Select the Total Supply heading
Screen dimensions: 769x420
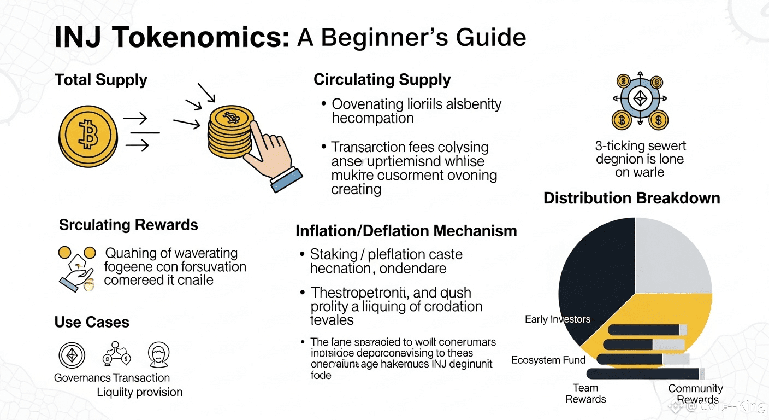tap(101, 80)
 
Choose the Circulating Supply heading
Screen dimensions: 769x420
tap(382, 80)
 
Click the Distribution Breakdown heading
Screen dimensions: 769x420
tap(632, 198)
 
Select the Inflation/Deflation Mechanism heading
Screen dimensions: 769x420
tap(406, 231)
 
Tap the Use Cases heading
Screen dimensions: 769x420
tap(92, 322)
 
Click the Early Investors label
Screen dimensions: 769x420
tap(558, 319)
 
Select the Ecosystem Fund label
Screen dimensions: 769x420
tap(548, 360)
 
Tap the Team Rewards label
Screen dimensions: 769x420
tap(586, 394)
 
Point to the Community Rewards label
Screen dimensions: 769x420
tap(696, 394)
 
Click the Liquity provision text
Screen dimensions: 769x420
tap(140, 392)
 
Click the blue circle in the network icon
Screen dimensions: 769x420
tap(640, 99)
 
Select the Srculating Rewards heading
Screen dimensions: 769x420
tap(128, 225)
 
